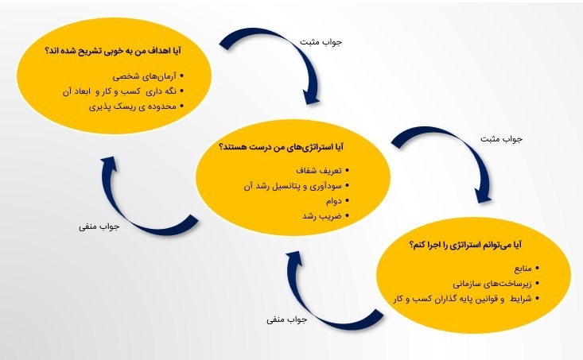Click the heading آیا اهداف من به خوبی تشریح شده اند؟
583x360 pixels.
click(x=113, y=50)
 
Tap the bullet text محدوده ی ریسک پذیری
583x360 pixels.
click(x=132, y=106)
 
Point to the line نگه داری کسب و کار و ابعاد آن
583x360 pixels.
click(x=119, y=91)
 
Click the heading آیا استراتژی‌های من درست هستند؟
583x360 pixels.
click(x=282, y=147)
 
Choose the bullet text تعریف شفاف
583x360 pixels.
click(x=319, y=171)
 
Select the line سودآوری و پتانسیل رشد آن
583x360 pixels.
click(x=293, y=186)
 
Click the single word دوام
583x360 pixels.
click(x=333, y=201)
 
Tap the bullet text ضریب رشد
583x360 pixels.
click(x=322, y=216)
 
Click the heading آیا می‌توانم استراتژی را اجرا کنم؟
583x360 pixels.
click(x=465, y=246)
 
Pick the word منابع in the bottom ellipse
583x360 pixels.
click(x=523, y=269)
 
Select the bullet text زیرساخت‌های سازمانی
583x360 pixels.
click(x=492, y=284)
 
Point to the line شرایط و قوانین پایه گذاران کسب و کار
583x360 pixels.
click(x=463, y=299)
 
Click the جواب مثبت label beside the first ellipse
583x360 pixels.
click(x=321, y=42)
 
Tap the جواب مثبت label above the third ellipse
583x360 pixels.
click(x=501, y=139)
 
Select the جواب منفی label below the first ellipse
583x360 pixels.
click(x=99, y=226)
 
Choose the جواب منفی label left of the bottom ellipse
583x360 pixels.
click(x=286, y=319)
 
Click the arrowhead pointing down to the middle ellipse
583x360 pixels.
click(x=312, y=96)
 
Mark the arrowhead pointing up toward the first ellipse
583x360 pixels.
click(x=109, y=164)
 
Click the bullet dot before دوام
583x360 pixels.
click(x=348, y=201)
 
